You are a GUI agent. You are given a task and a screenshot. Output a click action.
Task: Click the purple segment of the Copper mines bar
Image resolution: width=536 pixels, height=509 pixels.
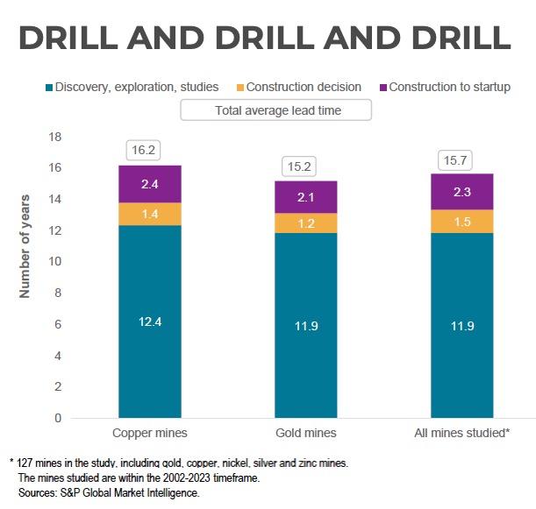click(x=150, y=184)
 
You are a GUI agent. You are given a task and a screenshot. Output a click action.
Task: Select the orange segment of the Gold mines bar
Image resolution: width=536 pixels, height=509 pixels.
click(x=306, y=223)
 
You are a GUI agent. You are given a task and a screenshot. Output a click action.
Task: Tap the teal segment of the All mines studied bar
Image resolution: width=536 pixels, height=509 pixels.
click(x=461, y=325)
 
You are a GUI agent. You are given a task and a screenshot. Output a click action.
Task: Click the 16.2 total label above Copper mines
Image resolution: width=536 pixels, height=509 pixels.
click(x=141, y=150)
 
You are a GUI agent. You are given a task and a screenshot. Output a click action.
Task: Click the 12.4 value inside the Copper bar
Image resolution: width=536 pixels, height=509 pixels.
click(x=150, y=322)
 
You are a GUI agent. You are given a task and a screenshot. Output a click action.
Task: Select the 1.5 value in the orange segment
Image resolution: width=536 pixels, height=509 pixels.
click(x=461, y=223)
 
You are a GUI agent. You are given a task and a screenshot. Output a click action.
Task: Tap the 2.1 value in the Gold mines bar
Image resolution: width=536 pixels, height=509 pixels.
click(x=306, y=197)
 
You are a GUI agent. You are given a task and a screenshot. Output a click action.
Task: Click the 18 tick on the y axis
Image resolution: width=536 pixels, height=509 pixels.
click(x=54, y=138)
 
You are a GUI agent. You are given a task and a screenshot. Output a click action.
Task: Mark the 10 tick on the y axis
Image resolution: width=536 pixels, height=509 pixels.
click(x=54, y=262)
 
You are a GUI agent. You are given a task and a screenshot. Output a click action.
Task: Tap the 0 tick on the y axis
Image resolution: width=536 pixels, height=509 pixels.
click(x=58, y=418)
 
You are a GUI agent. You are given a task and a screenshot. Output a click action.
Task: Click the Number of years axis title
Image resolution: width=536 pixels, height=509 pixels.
click(x=25, y=245)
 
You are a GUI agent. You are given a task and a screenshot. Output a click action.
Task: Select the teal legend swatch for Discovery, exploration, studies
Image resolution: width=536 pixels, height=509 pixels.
click(x=49, y=88)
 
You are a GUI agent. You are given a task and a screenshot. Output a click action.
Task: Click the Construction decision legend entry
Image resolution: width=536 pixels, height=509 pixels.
click(x=304, y=88)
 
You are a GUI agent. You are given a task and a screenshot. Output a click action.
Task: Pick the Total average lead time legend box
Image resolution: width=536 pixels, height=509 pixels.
click(x=277, y=110)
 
